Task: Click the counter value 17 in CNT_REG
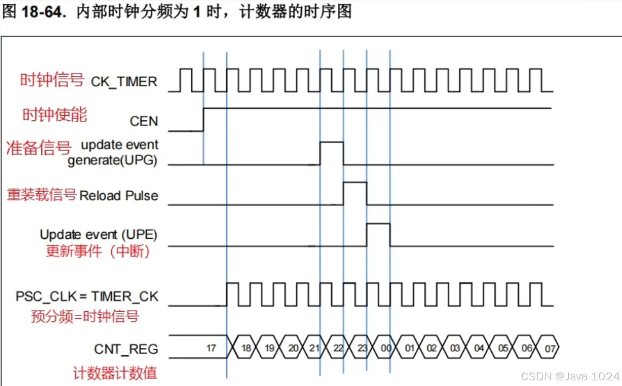click(x=211, y=347)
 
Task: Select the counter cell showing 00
click(x=386, y=347)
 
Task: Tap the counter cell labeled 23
click(x=362, y=347)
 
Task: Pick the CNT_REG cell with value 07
click(x=549, y=347)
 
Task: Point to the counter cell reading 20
click(x=292, y=347)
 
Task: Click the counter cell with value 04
click(x=479, y=347)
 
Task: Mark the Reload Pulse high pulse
click(x=355, y=193)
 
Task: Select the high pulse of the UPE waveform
click(x=378, y=234)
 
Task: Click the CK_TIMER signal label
click(x=124, y=82)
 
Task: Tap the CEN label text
click(x=144, y=121)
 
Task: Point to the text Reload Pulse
click(x=119, y=196)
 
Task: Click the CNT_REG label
click(x=126, y=348)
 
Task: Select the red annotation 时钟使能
click(x=55, y=115)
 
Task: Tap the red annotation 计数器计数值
click(x=115, y=373)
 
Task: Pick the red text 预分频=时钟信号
click(x=85, y=315)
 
